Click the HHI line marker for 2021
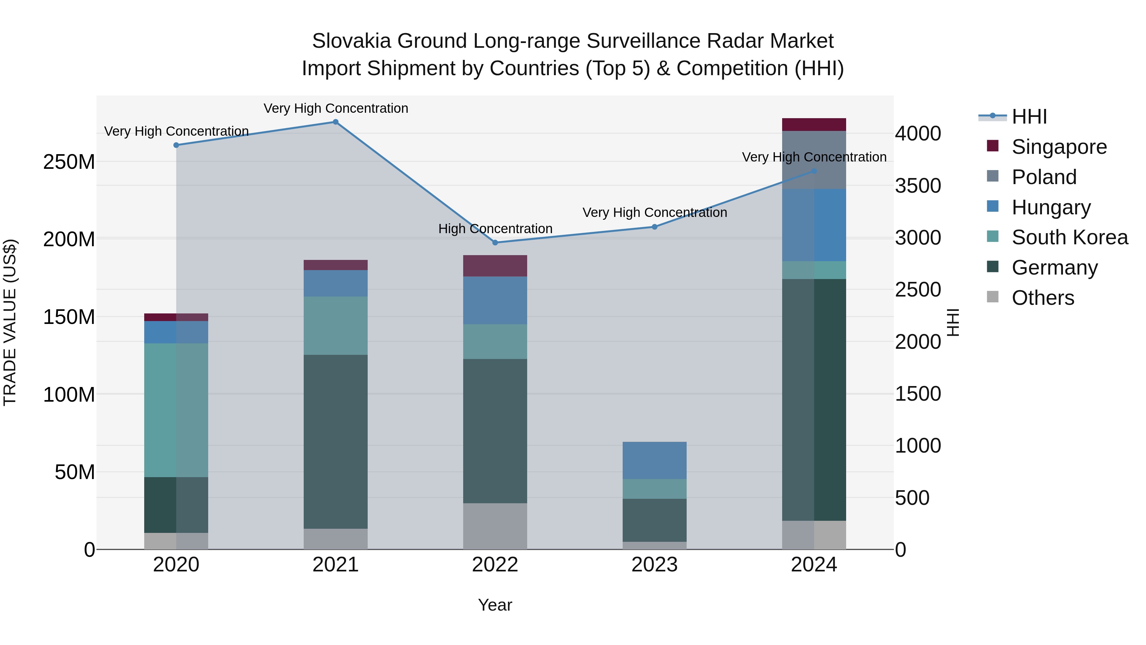click(x=336, y=122)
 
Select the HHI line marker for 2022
click(x=495, y=243)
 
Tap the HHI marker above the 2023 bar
click(x=654, y=227)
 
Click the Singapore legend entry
click(x=1058, y=147)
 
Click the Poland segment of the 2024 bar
click(x=814, y=160)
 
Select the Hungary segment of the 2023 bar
click(x=654, y=460)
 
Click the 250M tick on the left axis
click(x=69, y=162)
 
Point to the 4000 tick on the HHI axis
click(x=918, y=133)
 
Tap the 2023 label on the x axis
click(x=654, y=565)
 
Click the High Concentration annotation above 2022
click(x=495, y=229)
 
